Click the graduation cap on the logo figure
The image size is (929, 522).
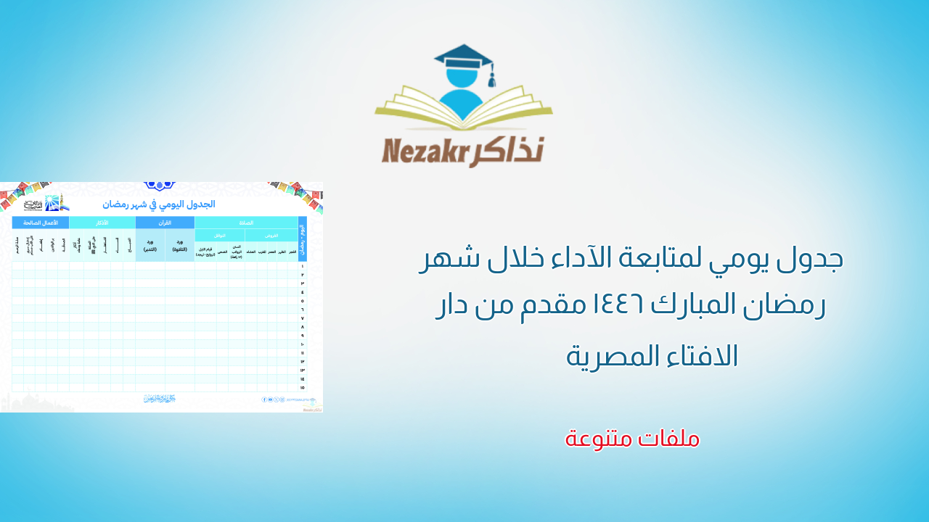(462, 57)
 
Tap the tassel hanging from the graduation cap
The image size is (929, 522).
(491, 76)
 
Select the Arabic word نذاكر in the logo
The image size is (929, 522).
(508, 149)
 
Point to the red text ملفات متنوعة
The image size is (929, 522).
(632, 438)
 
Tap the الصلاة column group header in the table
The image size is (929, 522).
(246, 223)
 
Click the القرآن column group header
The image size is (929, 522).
(165, 223)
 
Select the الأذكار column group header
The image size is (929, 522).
(102, 223)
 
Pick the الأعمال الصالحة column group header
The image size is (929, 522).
(41, 223)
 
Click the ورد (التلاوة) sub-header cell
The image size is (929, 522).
(179, 246)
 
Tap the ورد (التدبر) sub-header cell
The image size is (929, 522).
(150, 246)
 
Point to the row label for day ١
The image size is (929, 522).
(302, 266)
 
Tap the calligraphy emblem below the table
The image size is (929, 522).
(159, 399)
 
